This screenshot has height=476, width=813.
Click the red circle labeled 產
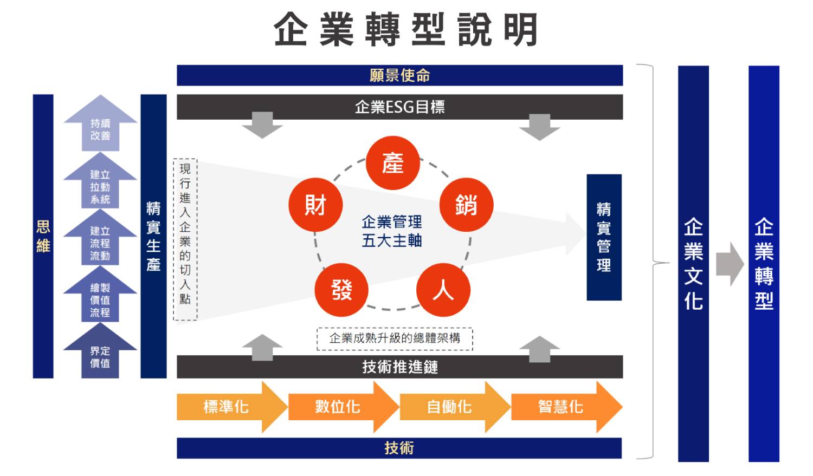tap(392, 163)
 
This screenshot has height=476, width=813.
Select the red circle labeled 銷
tap(466, 205)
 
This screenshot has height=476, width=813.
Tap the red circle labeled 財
tap(315, 205)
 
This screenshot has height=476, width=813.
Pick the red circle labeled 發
tap(341, 290)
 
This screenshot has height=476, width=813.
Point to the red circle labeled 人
tap(443, 290)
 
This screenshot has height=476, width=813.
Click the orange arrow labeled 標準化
tap(227, 407)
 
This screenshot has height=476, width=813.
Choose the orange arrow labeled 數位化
tap(338, 407)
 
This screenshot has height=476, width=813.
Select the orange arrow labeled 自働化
tap(449, 407)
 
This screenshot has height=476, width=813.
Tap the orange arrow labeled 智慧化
tap(561, 407)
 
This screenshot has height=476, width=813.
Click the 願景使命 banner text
tap(399, 75)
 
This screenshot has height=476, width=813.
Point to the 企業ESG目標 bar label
tap(399, 107)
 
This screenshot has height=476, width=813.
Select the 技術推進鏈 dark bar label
tap(399, 367)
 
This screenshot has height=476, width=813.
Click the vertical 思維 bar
tap(43, 236)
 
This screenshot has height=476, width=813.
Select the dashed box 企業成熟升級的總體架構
tap(395, 338)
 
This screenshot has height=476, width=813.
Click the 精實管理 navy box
tap(604, 237)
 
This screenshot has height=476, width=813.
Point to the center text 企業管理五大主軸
tap(392, 231)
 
